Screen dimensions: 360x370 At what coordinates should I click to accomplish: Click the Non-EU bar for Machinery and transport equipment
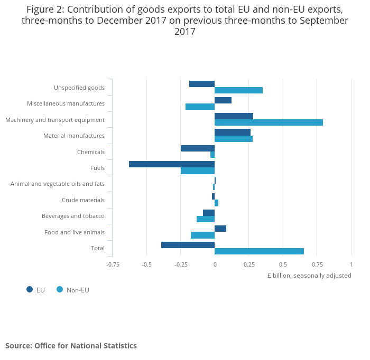pos(269,122)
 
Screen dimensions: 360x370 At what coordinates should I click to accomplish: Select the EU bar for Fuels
pos(172,164)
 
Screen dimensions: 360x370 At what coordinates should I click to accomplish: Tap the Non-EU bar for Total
pos(259,251)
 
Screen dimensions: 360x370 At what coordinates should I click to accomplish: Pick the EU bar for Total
pos(188,245)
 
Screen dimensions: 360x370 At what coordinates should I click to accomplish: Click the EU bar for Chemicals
pos(198,148)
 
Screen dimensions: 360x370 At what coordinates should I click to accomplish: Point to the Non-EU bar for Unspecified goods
pos(238,90)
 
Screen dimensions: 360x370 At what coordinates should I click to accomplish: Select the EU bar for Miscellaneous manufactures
pos(223,100)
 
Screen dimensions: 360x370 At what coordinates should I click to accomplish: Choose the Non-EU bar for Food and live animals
pos(202,235)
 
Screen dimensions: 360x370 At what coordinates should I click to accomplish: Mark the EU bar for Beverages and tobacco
pos(209,213)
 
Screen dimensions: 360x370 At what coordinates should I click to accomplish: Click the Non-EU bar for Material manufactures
pos(234,139)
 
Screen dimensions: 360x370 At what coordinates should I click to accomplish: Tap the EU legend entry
pos(36,290)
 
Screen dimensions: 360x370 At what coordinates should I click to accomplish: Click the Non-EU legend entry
pos(73,290)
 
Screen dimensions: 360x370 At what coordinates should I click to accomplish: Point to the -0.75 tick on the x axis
pos(113,264)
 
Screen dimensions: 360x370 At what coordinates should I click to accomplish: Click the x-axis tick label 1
pos(351,264)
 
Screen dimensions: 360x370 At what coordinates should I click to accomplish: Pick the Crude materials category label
pos(83,200)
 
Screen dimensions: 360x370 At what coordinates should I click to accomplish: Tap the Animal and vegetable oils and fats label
pos(58,184)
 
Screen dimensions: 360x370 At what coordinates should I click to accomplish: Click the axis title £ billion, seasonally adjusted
pos(309,276)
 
